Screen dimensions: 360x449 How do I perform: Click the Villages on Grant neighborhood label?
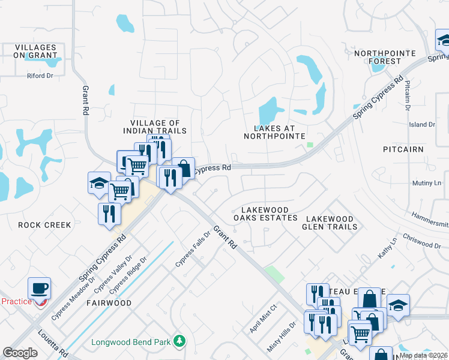(x=35, y=52)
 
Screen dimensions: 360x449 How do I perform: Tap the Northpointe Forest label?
(x=385, y=57)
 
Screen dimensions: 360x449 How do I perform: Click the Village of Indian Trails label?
(x=155, y=127)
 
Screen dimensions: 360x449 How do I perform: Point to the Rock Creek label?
(x=44, y=225)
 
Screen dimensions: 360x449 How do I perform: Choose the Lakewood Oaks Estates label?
(x=265, y=214)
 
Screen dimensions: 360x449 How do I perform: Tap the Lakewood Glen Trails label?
(x=331, y=223)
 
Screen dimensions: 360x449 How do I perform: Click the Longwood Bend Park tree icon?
(x=179, y=341)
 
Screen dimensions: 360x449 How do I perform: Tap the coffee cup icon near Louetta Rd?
(x=40, y=287)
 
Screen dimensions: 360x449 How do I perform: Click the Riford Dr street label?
(x=40, y=76)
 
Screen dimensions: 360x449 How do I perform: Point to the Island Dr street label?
(x=421, y=125)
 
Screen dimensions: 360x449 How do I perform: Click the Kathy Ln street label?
(x=387, y=248)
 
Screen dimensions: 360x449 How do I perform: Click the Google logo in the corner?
(x=20, y=353)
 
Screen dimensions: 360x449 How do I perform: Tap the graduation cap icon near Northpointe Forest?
(x=443, y=41)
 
